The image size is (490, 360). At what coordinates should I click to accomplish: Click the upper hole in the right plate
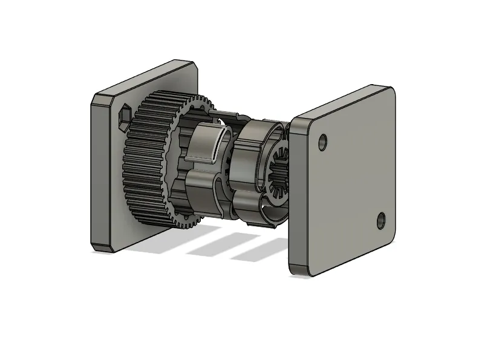coord(322,143)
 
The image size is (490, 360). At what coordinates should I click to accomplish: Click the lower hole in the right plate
coord(381,220)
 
